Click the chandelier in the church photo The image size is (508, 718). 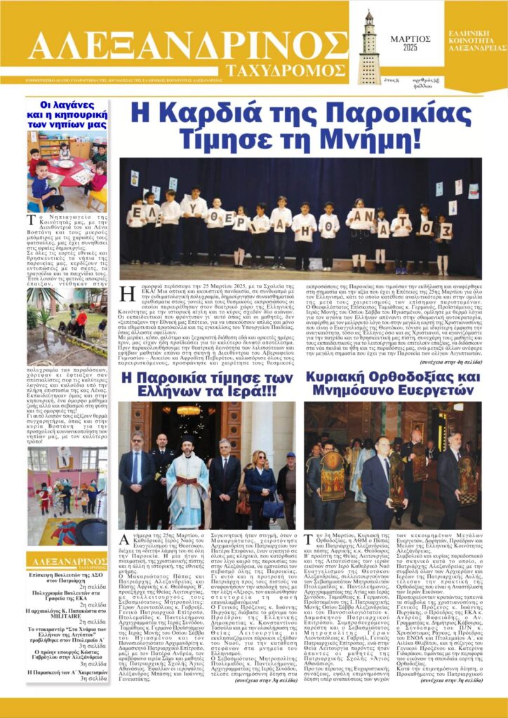[x=189, y=410]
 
